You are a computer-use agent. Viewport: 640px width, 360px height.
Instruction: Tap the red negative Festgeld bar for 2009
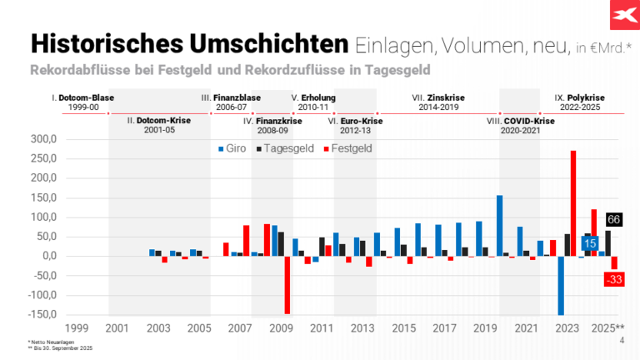[287, 284]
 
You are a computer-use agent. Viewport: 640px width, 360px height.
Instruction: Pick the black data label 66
[614, 219]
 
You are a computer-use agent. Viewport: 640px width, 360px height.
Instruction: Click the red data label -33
[615, 279]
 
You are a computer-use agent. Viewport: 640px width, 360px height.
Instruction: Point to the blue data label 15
[590, 243]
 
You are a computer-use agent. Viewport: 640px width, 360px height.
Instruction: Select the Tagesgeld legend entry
[285, 148]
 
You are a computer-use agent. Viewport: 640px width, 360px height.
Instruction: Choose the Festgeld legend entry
[343, 148]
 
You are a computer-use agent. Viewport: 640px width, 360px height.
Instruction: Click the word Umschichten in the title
[264, 42]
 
